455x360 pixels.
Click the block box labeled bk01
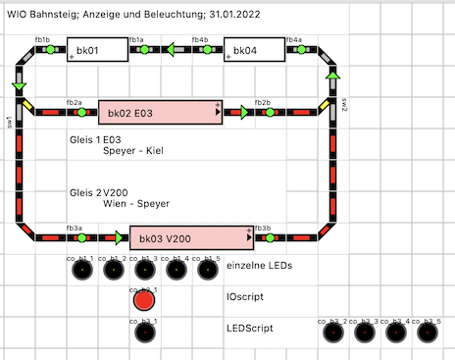tap(97, 49)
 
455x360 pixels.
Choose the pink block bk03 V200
tap(191, 237)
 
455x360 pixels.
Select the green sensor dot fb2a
tap(81, 112)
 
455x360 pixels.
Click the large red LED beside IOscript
tap(144, 300)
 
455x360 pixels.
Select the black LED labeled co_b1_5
tap(207, 270)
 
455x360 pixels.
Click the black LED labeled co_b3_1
tap(144, 333)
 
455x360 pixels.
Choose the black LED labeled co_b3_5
tap(427, 333)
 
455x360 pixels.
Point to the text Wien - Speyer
tap(136, 203)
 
